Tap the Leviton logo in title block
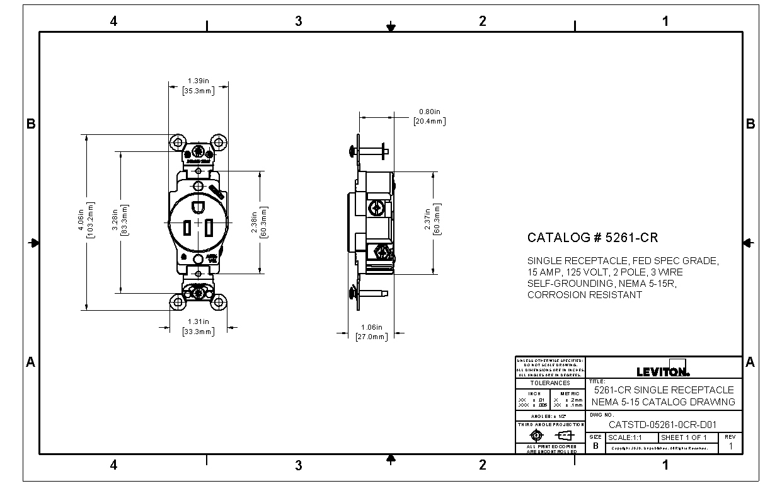tap(663, 371)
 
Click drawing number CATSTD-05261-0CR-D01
tap(662, 424)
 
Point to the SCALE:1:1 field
tap(625, 437)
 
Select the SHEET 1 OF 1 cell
tap(684, 437)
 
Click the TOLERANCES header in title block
tap(549, 383)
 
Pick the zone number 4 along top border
tap(113, 21)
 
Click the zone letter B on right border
tap(750, 124)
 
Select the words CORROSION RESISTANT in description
tap(585, 294)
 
